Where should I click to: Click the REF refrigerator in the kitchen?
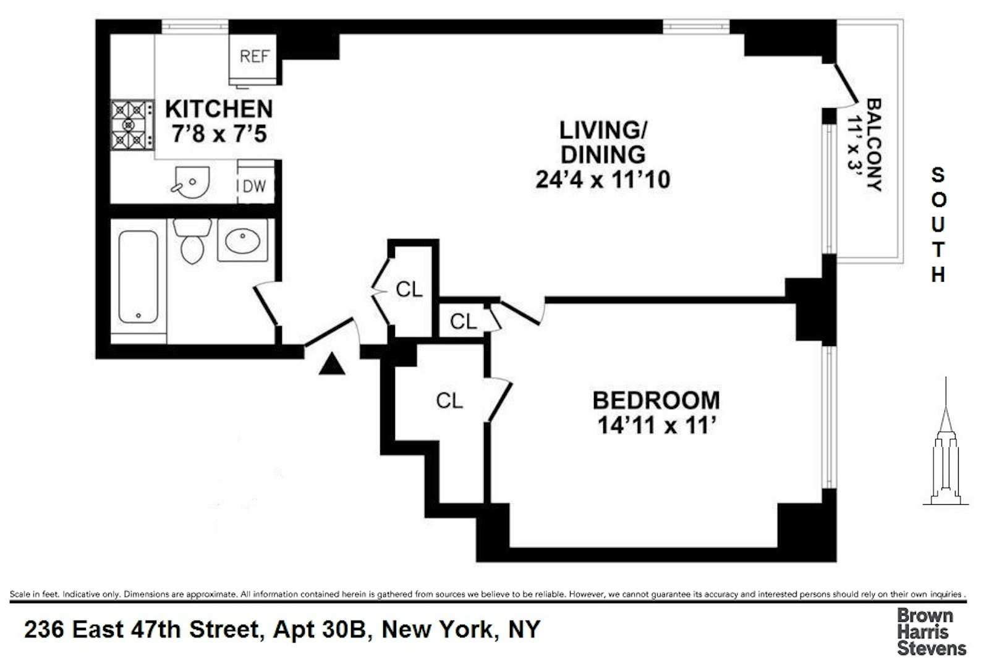click(x=254, y=57)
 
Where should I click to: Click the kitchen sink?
click(x=191, y=182)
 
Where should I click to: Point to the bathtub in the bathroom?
click(x=138, y=277)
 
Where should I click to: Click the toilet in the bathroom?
click(x=192, y=240)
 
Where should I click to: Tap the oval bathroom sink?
click(x=242, y=240)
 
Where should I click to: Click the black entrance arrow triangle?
click(x=332, y=364)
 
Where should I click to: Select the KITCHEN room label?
click(x=219, y=109)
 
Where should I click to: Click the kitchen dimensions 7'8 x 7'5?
click(x=219, y=133)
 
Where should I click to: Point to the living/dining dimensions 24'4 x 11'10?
click(x=603, y=180)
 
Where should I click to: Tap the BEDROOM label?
click(x=656, y=400)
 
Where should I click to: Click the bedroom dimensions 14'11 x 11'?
click(x=656, y=426)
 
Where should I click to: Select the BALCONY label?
click(x=874, y=145)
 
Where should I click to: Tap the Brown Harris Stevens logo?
click(x=931, y=631)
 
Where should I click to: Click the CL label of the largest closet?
click(x=449, y=401)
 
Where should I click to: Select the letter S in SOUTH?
click(x=938, y=175)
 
